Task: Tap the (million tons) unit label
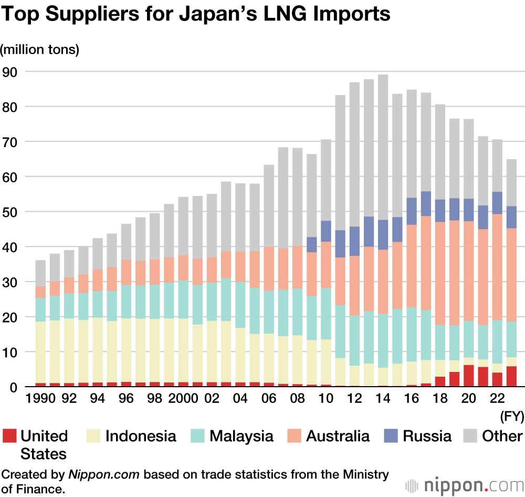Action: (x=40, y=50)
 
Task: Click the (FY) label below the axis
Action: (x=512, y=418)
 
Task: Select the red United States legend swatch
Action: (x=10, y=436)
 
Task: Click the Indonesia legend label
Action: (x=141, y=436)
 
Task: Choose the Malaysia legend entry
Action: (x=241, y=436)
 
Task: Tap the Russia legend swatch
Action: (x=393, y=436)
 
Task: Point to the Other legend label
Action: (x=502, y=436)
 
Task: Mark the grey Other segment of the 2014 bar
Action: (x=383, y=147)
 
